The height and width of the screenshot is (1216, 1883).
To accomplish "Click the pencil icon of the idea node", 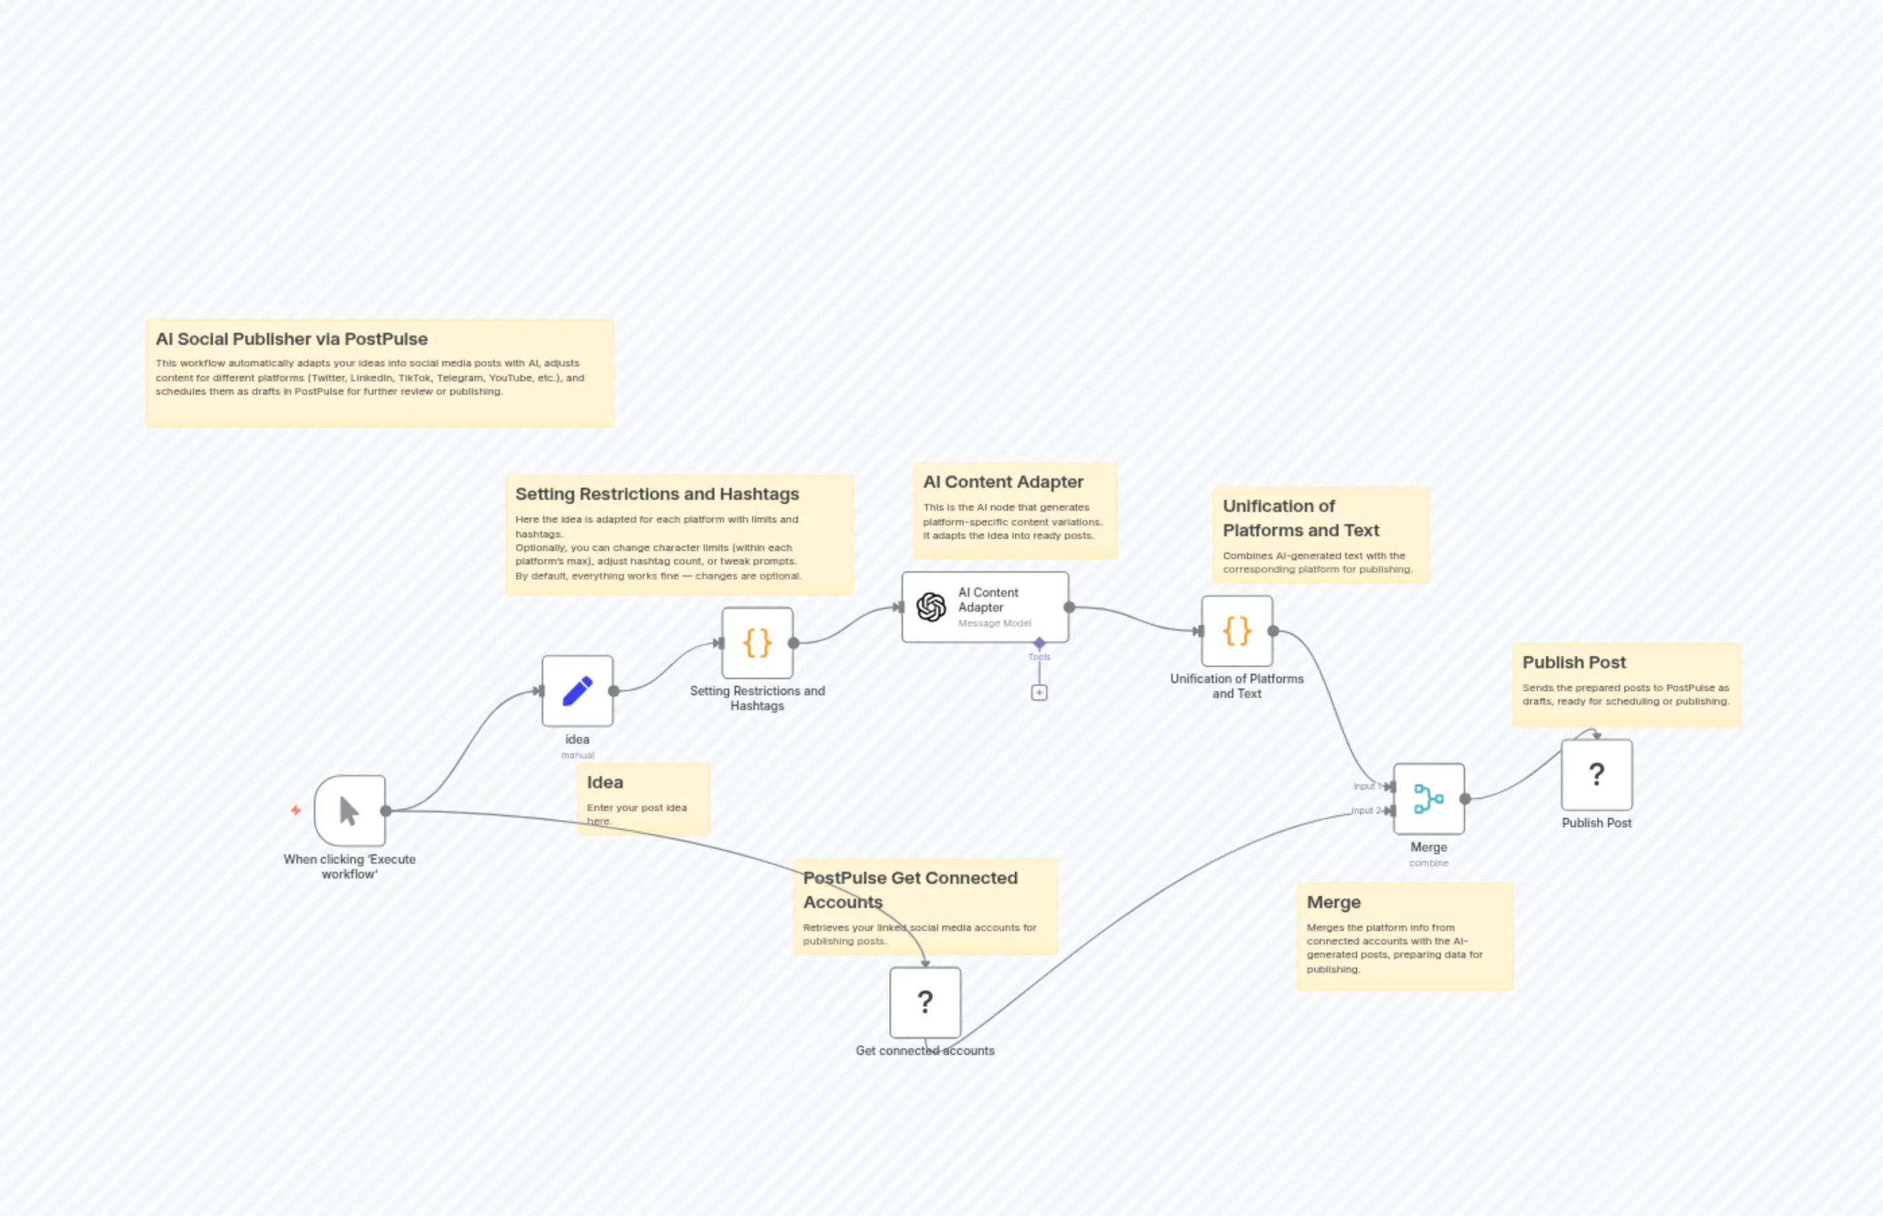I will [578, 691].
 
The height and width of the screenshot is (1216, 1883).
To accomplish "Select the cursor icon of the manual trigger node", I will [349, 811].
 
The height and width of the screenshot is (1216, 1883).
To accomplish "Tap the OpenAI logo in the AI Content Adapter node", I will [931, 607].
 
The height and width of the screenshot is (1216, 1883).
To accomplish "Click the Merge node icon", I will [1428, 798].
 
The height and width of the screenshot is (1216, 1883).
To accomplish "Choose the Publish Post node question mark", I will [1597, 775].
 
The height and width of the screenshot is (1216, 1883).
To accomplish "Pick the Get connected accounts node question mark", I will [925, 1002].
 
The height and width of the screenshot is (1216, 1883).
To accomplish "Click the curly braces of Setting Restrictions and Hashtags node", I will [758, 643].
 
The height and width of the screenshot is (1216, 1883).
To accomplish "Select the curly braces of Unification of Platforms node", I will [1237, 631].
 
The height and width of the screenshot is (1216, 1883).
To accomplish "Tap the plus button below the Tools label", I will [1039, 693].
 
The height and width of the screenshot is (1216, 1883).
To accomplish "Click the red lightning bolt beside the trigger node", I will [296, 810].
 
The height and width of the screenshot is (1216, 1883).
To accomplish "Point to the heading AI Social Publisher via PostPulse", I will [291, 340].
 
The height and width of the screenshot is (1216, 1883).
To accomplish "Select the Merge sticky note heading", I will [1333, 903].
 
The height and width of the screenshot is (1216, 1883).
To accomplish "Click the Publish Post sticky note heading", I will [1574, 662].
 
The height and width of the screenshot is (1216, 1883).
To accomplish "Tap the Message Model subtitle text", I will [995, 624].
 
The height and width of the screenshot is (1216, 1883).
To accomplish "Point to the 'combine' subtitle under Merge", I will [1429, 863].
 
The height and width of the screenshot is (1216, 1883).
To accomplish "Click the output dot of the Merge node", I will [1465, 799].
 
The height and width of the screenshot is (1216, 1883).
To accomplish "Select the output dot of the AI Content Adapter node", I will [1070, 607].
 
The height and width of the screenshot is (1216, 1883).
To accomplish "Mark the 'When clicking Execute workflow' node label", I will [349, 866].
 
